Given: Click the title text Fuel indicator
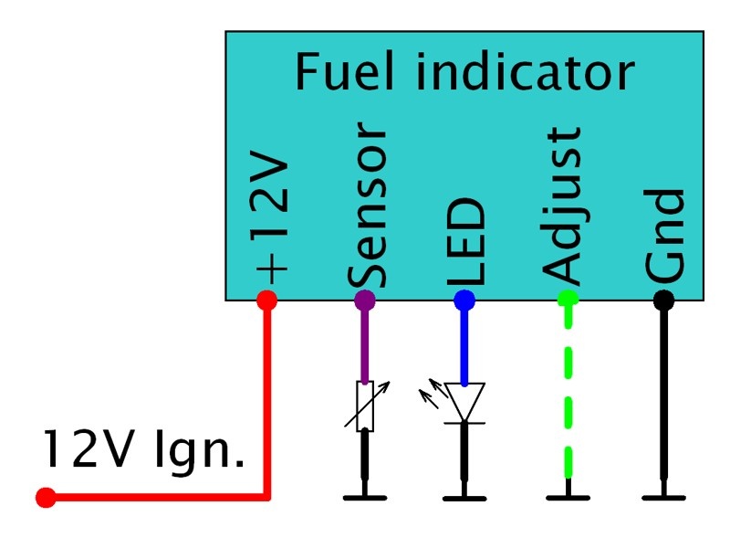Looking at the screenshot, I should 464,72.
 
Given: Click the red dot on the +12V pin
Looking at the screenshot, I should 266,299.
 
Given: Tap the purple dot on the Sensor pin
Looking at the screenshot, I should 365,299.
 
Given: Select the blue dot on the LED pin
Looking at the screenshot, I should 464,299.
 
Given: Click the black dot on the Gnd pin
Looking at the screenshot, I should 663,299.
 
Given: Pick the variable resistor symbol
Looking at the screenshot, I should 365,406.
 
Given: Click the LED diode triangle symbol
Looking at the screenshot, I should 464,402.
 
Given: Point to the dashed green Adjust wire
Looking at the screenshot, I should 568,393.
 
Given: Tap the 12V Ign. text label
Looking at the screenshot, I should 143,451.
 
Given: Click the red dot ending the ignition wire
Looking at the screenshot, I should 45,498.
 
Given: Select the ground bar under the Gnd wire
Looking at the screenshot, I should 663,498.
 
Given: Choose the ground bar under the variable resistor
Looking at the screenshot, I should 365,498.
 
